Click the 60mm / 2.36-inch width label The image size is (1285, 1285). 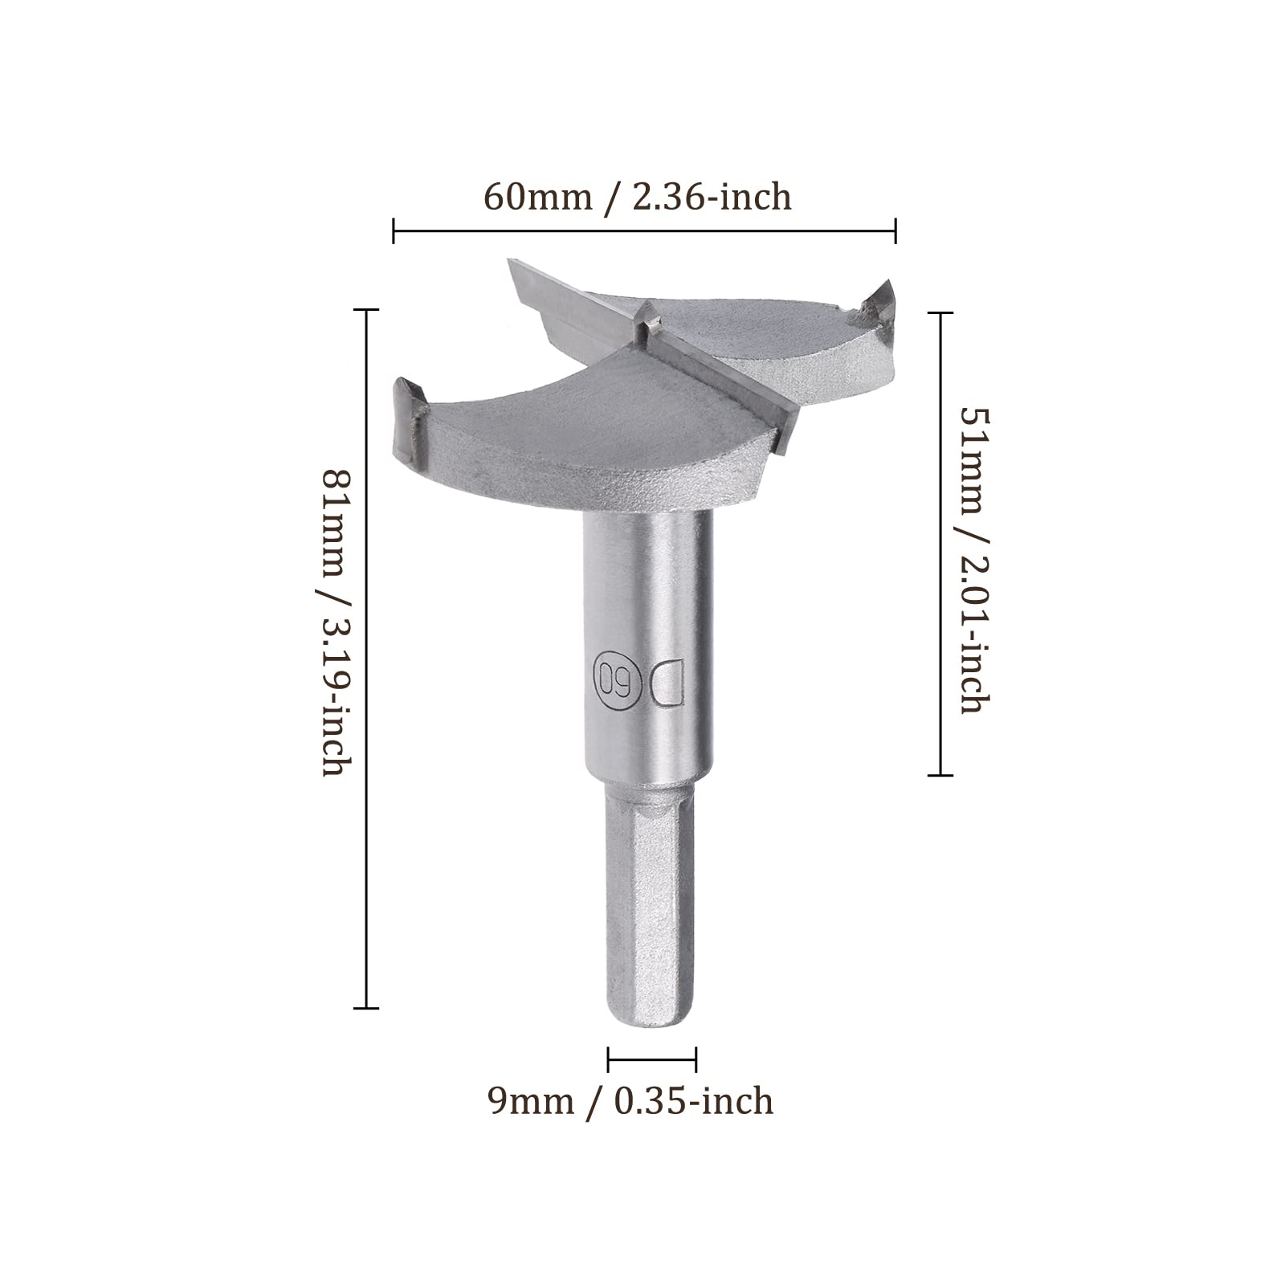coord(638,197)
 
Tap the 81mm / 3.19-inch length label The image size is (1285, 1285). coord(333,622)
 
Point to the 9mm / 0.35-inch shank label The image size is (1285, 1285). coord(631,1100)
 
